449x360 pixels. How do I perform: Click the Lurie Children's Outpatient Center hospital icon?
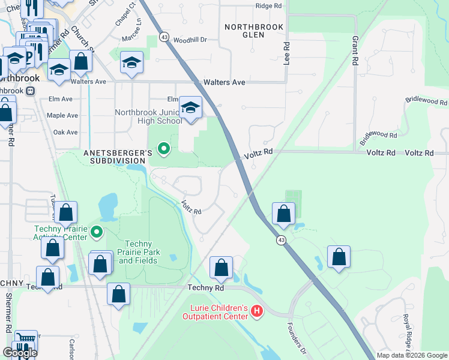click(x=257, y=311)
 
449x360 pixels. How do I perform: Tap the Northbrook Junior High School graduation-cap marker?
click(x=190, y=108)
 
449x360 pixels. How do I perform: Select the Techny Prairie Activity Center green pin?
click(x=96, y=231)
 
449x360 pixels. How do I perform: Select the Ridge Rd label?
click(x=268, y=5)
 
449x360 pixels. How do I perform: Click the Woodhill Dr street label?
click(x=190, y=40)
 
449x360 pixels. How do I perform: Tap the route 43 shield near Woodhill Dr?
click(x=164, y=37)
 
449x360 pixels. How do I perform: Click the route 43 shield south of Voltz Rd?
click(x=280, y=240)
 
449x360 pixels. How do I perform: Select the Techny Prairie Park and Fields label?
click(x=139, y=252)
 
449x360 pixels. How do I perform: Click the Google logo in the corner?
click(x=20, y=353)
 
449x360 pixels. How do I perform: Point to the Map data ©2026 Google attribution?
click(x=412, y=355)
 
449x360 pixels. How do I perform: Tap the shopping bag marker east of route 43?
click(x=339, y=256)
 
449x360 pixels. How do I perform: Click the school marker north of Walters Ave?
click(x=131, y=62)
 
